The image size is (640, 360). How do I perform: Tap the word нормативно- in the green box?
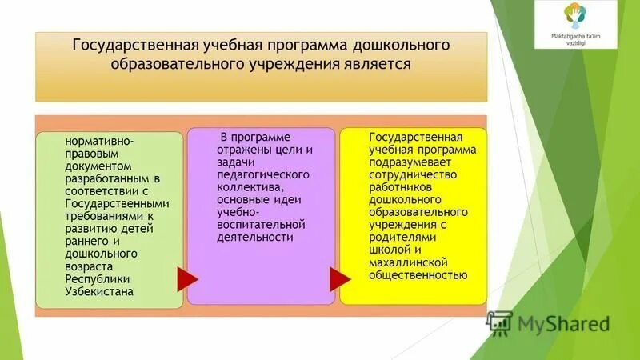(x=100, y=142)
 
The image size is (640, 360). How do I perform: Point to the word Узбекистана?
(x=100, y=291)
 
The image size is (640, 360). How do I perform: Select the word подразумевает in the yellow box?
(x=410, y=162)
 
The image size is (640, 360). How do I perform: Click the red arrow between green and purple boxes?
(x=186, y=278)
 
